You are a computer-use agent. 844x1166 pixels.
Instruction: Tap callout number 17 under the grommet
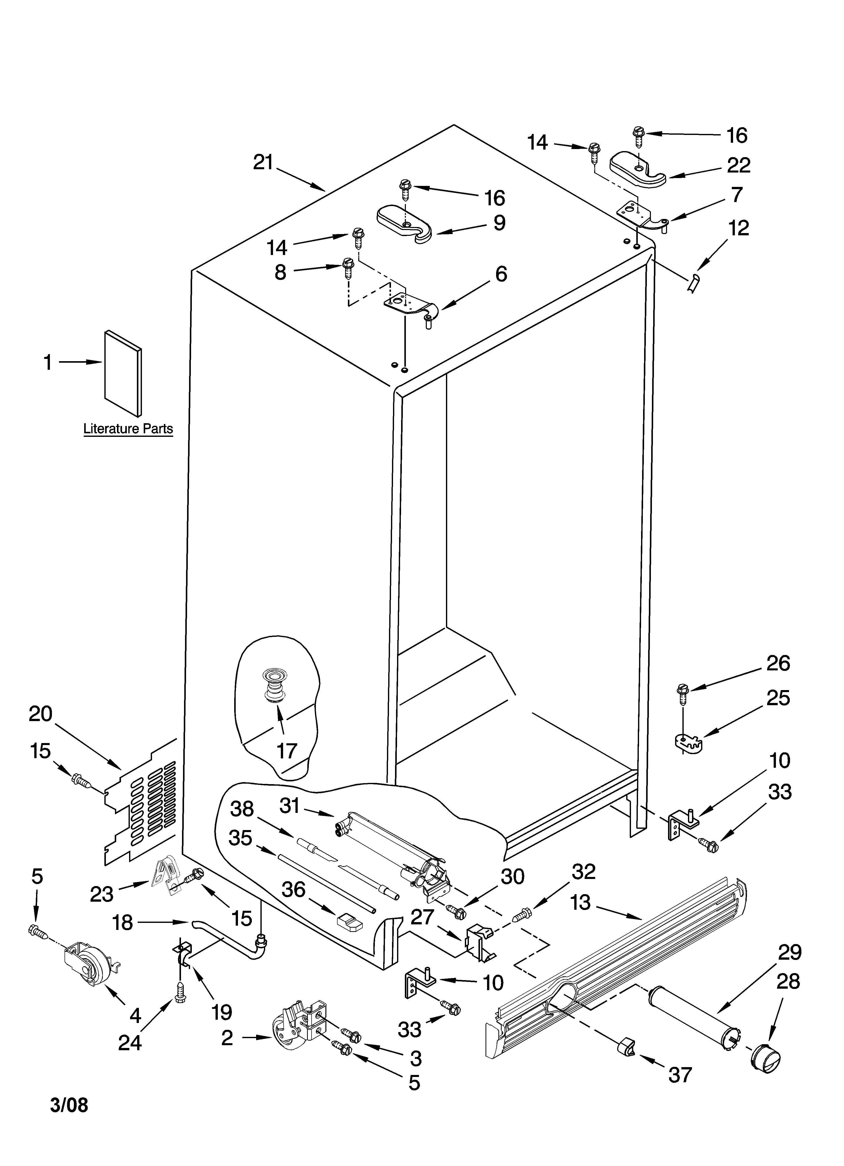[287, 751]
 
